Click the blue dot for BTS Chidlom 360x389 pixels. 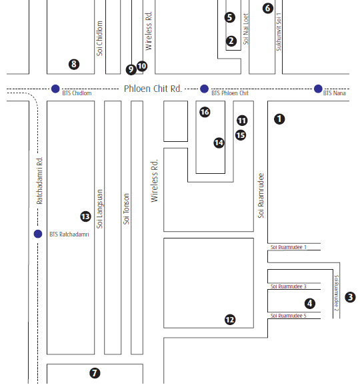coord(55,89)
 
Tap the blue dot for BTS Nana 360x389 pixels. coord(318,89)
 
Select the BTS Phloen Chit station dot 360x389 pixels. coord(204,89)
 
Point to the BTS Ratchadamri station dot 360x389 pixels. coord(38,234)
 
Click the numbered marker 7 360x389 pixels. coord(95,373)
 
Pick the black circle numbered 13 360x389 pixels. coord(85,216)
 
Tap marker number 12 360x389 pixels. coord(230,320)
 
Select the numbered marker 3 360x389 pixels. coord(350,297)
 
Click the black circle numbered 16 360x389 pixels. coord(205,112)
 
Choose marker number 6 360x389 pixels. coord(268,8)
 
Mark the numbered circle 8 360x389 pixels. coord(74,64)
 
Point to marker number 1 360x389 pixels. coord(279,119)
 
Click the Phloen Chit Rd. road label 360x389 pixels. coord(153,89)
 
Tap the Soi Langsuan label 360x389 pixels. coord(99,209)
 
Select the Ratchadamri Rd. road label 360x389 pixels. coord(40,181)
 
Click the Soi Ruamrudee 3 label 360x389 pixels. coord(289,286)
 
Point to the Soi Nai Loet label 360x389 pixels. coord(246,29)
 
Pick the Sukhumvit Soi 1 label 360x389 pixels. coord(279,32)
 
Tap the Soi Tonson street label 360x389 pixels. coord(127,209)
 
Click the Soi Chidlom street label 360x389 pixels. coord(99,39)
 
